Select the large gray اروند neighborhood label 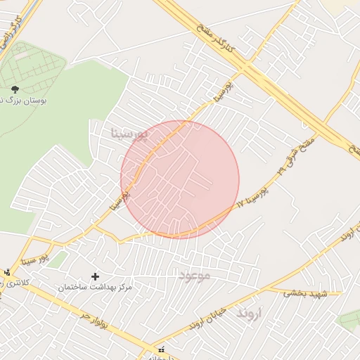pos(250,311)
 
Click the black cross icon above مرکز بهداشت pos(96,276)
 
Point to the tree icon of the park pos(15,89)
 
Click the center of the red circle pos(180,179)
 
